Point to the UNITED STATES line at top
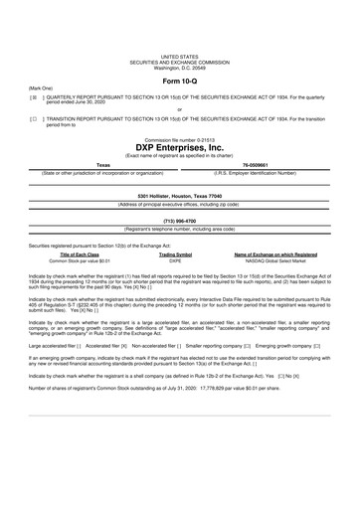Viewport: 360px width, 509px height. pos(179,58)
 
